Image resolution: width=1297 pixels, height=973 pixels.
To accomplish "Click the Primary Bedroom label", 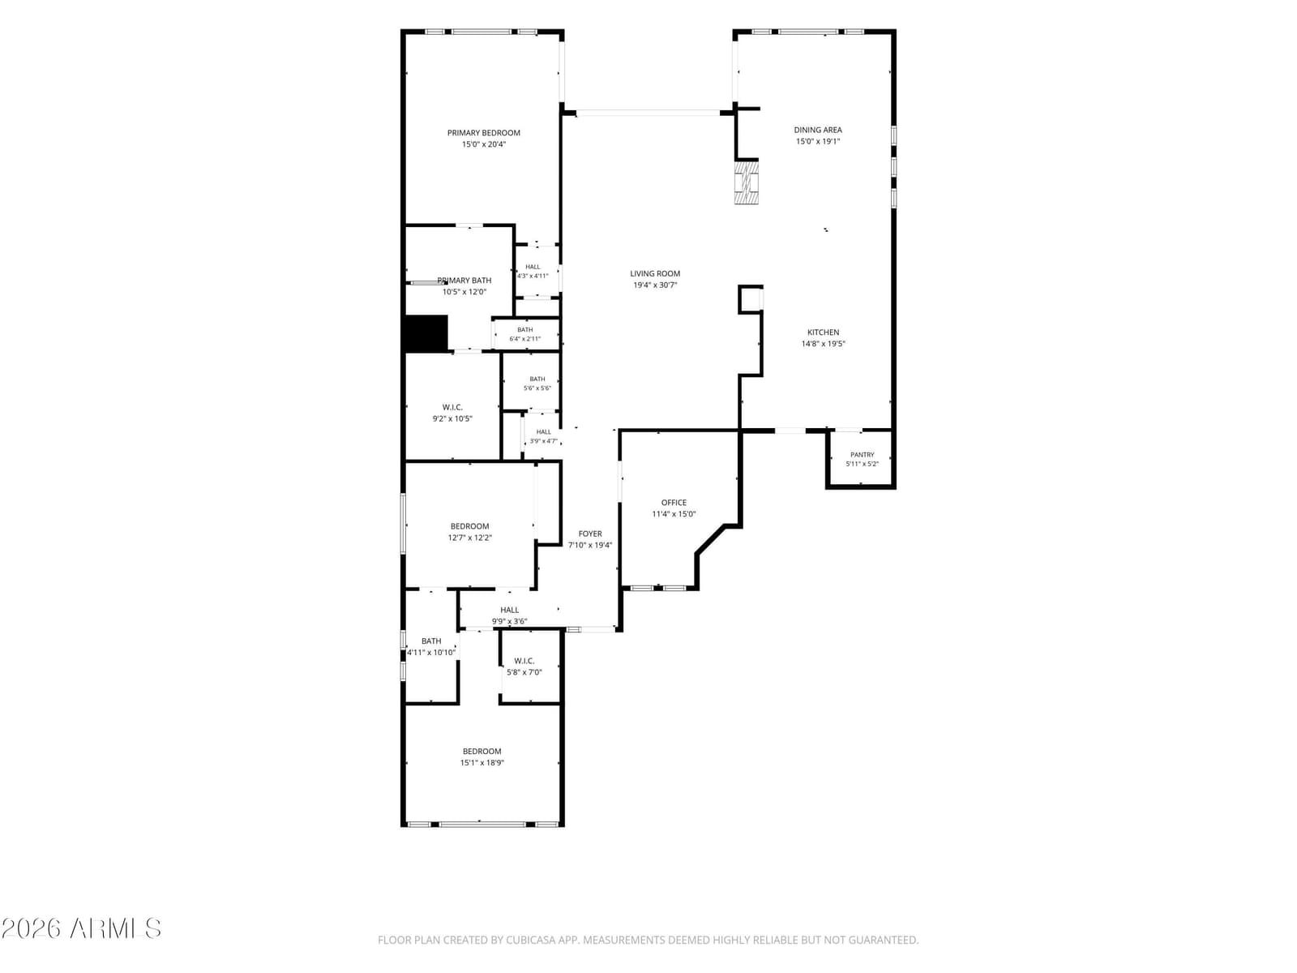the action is (x=483, y=133).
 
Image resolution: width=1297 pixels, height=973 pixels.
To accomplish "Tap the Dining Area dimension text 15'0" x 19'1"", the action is (x=818, y=141).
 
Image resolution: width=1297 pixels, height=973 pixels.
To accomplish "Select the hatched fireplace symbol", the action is (x=747, y=182).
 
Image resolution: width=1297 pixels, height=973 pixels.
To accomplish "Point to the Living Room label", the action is (x=655, y=273).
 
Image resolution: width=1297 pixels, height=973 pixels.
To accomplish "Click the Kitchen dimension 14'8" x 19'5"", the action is (x=823, y=344).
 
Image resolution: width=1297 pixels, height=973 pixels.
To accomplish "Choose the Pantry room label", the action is (x=863, y=455).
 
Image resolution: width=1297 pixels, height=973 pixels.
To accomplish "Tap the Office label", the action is (x=674, y=503).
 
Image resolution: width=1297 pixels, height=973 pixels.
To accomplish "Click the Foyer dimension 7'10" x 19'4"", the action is (x=589, y=545).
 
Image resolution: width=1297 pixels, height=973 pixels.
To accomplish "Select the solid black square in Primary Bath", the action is (x=426, y=334).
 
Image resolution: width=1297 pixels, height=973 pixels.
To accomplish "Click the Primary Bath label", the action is (x=464, y=281).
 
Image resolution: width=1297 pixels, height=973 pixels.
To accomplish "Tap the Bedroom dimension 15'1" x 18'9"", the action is (x=482, y=763).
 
